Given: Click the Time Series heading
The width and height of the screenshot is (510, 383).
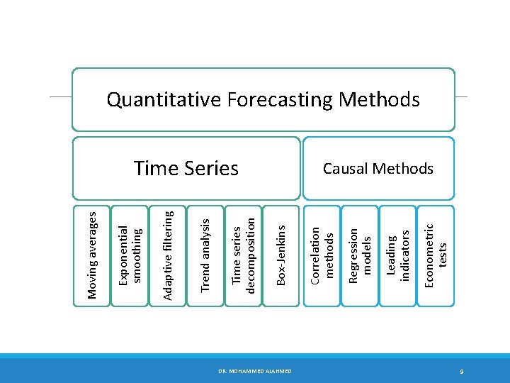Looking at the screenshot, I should click(186, 168).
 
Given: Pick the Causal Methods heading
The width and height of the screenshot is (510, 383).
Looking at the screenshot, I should click(378, 168).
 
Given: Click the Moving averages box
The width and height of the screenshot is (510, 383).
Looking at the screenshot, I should click(91, 255).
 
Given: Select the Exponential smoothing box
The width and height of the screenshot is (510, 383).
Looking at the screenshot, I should click(130, 255).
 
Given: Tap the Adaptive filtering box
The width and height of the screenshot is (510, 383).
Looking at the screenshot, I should click(168, 255).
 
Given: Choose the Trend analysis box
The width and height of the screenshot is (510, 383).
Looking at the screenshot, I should click(205, 255).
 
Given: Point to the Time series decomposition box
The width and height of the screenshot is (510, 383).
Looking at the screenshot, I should click(243, 255).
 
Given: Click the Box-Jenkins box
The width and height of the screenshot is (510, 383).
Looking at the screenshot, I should click(281, 255).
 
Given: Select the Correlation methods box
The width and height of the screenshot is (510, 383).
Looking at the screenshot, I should click(321, 255).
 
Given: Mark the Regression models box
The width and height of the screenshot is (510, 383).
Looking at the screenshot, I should click(359, 255).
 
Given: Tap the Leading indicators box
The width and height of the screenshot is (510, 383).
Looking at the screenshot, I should click(397, 255).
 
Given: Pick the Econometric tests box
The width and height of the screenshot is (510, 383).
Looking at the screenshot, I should click(435, 255).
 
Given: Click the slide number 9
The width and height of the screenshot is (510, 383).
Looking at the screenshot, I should click(461, 371).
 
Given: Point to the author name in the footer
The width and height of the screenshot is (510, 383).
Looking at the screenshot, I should click(255, 371).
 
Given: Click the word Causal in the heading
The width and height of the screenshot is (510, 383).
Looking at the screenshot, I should click(346, 168).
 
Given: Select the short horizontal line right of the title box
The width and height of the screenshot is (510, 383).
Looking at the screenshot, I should click(461, 96).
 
